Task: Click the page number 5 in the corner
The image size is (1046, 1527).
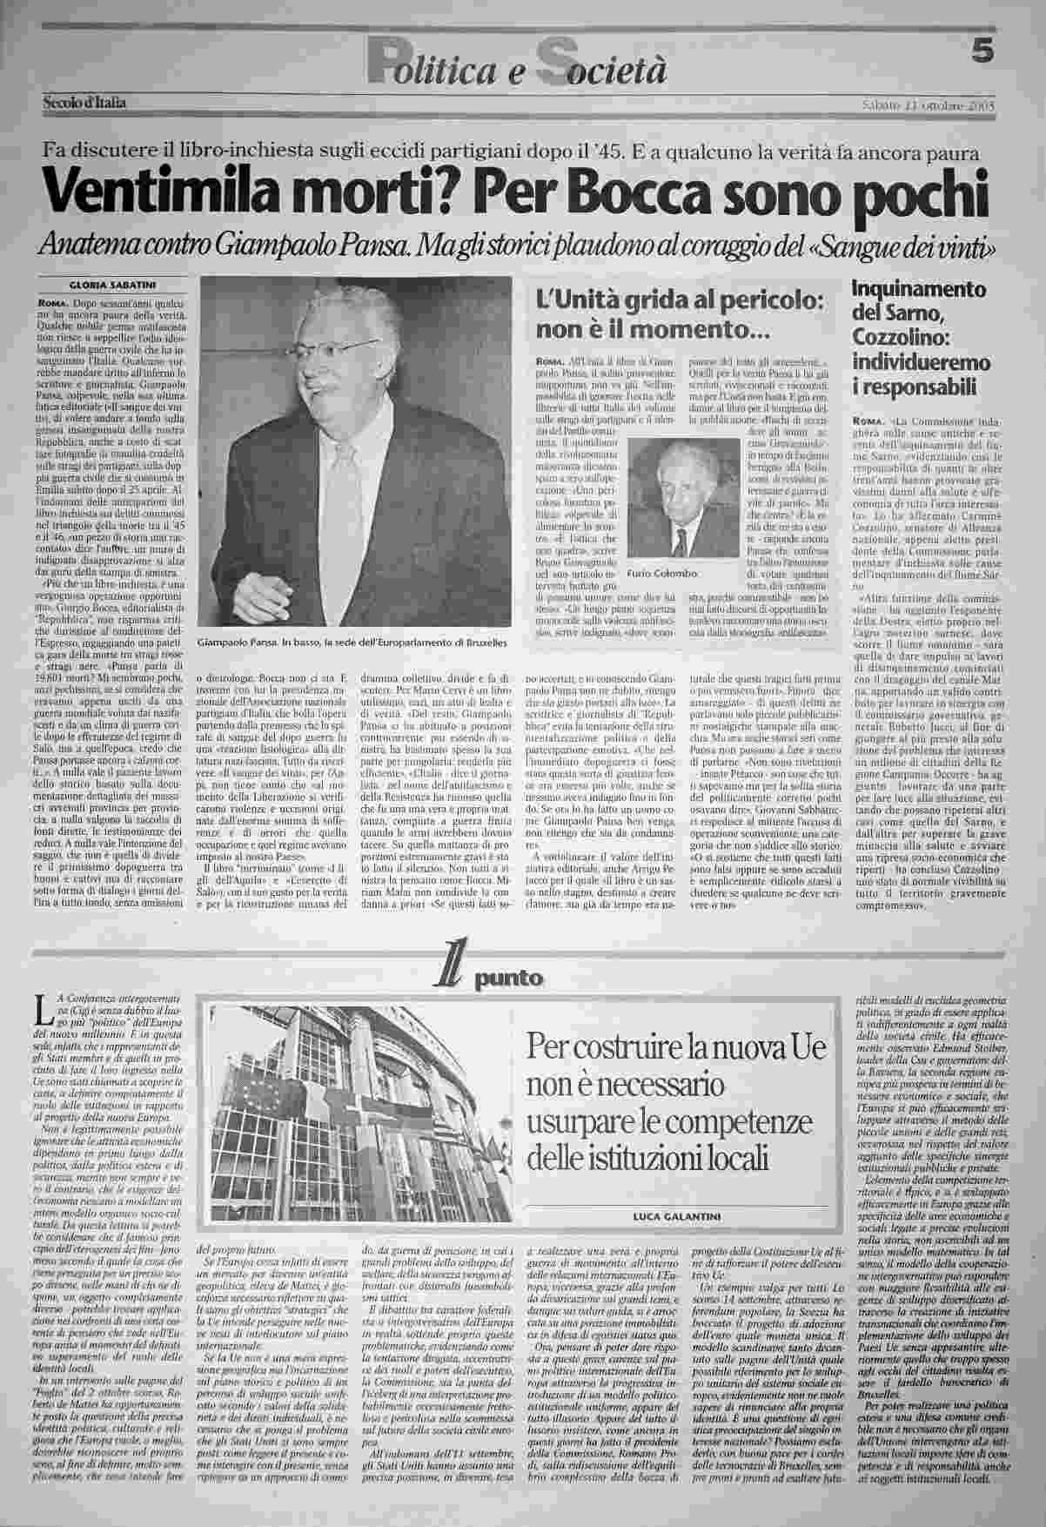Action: click(982, 53)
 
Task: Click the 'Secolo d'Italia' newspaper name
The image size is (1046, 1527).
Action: click(84, 104)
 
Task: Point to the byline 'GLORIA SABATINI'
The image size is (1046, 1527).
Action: click(111, 284)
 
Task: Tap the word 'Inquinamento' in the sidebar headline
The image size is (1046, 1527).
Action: click(918, 288)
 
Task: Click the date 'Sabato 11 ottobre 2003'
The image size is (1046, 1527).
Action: click(928, 105)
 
